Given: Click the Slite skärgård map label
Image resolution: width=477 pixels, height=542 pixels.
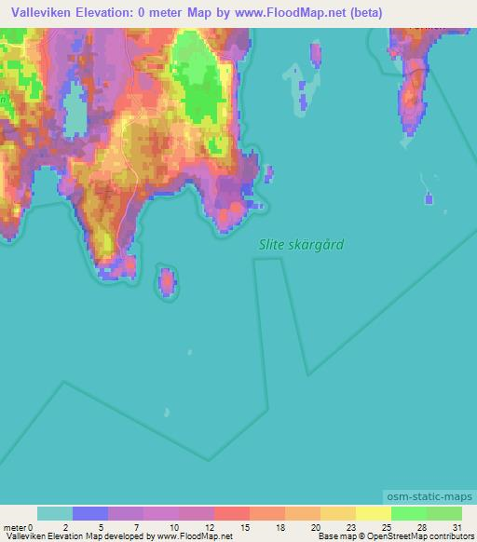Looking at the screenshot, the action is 301,245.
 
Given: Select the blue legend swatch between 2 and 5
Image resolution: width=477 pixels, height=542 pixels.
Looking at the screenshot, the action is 90,513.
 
